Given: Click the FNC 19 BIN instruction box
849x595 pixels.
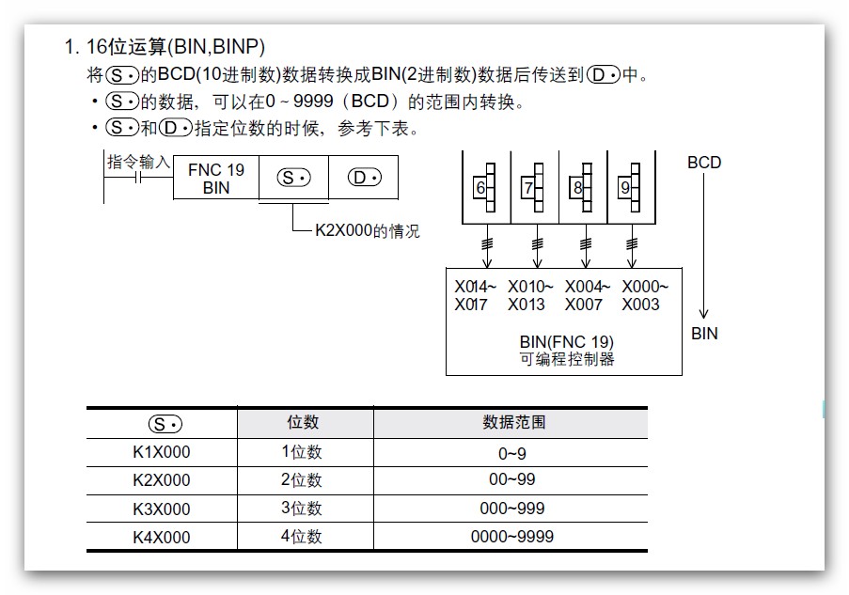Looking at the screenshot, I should tap(216, 179).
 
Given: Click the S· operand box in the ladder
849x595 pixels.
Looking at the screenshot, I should tap(293, 179).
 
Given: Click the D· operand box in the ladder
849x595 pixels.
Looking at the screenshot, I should tap(363, 179).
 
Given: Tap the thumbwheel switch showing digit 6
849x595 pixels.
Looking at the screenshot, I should tap(485, 187).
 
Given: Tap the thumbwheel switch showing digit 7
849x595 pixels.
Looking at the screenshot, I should tap(533, 187).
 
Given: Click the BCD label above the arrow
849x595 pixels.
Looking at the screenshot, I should tap(703, 163).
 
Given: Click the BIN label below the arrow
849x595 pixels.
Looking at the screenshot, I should tap(703, 334).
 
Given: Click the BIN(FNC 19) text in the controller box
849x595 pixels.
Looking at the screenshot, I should tap(565, 342).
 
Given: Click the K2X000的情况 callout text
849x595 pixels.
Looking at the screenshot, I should tap(367, 230).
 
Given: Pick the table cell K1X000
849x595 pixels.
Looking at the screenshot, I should tap(161, 452).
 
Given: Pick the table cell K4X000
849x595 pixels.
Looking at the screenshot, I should tap(161, 538).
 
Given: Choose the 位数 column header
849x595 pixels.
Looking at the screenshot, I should tap(303, 423).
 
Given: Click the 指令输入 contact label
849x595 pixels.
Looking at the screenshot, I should tap(138, 163).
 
